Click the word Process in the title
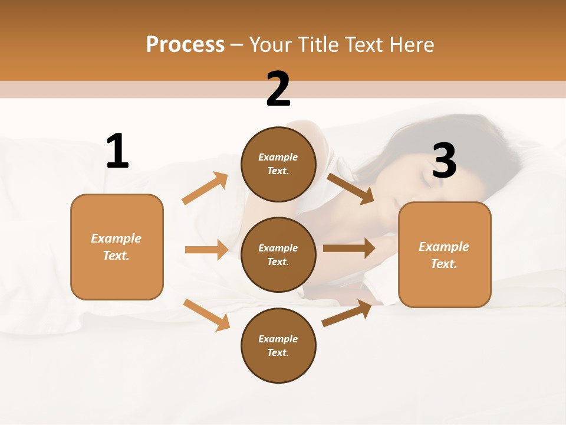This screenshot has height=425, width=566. [185, 45]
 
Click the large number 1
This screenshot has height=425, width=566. [117, 151]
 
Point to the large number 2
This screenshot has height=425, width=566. [278, 89]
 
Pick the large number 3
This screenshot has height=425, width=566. [444, 161]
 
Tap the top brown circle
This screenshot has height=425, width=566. [278, 164]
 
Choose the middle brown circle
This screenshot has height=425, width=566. [278, 254]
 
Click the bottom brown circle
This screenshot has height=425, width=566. [278, 345]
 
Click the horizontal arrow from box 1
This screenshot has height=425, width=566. [206, 250]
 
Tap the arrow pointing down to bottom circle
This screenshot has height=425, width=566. [206, 315]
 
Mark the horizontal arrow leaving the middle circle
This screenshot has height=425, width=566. [348, 248]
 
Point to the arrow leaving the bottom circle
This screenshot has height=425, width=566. [347, 313]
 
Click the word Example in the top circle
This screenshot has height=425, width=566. [278, 157]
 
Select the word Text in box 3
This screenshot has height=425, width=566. [444, 264]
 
